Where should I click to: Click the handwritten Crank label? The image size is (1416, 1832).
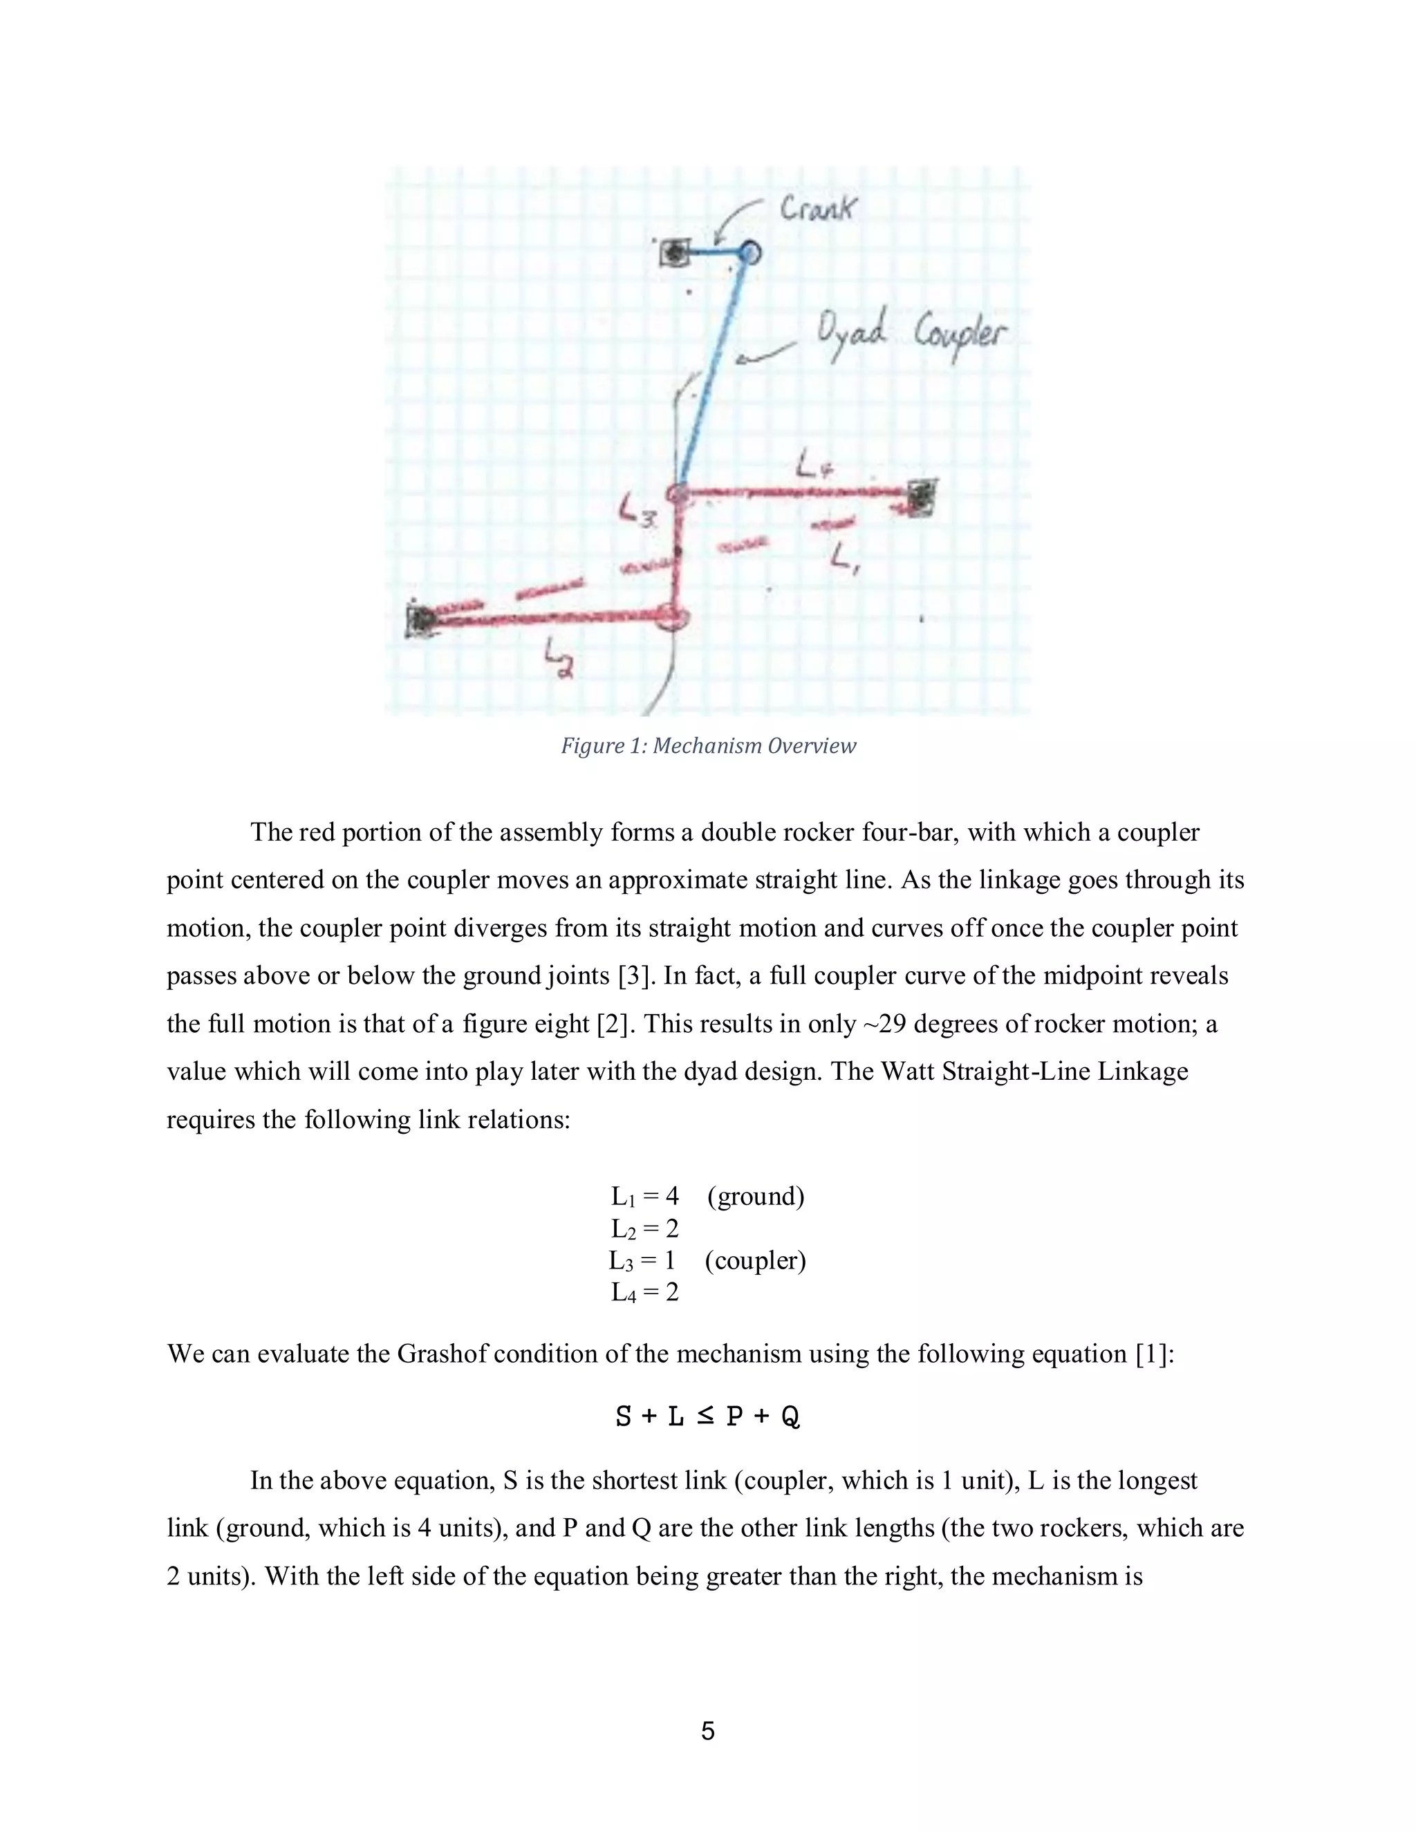(817, 208)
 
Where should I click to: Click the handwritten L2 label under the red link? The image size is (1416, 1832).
(559, 658)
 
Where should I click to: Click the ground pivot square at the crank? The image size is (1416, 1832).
(673, 252)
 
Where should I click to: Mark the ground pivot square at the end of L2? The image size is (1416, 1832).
(418, 621)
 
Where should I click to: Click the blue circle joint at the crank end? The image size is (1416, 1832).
(749, 251)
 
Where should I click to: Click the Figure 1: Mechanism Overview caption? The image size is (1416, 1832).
(708, 746)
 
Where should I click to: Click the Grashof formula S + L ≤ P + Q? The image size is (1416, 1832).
(707, 1417)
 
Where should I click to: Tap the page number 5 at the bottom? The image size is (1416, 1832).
(707, 1730)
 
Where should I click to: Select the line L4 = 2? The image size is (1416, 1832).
(644, 1292)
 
